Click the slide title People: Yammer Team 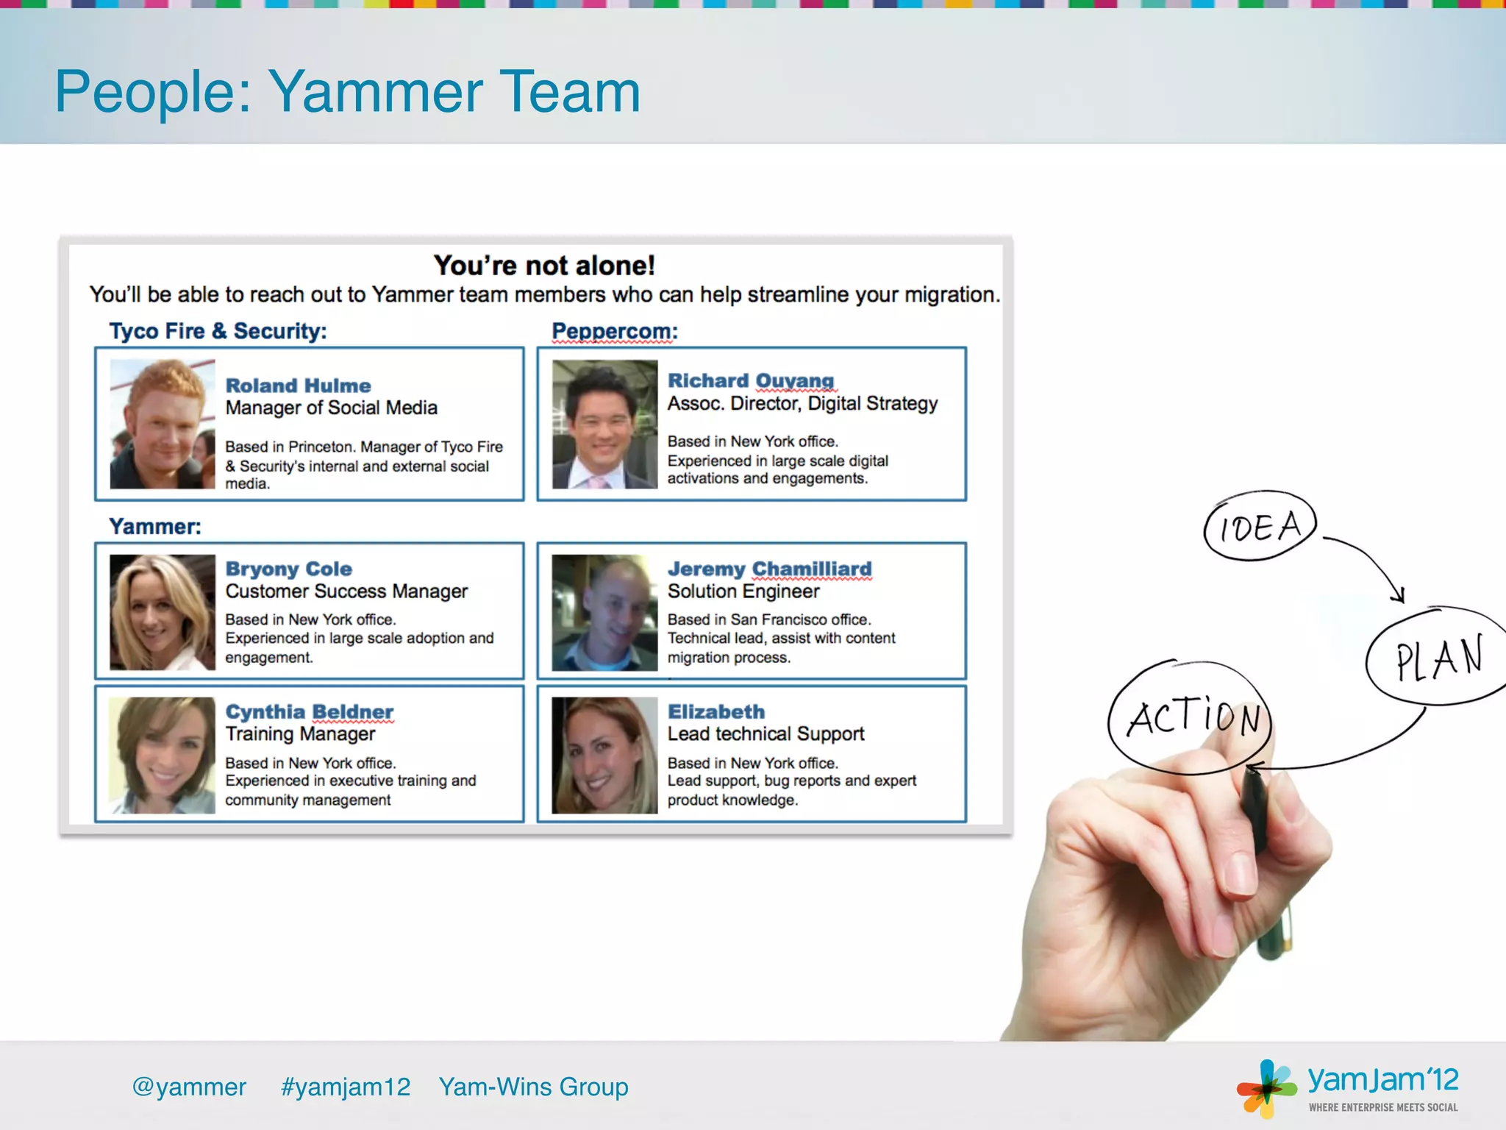coord(347,91)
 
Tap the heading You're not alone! coord(543,266)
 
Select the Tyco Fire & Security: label coord(218,331)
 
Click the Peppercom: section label coord(614,331)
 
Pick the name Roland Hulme coord(298,385)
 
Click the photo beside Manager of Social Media coord(163,424)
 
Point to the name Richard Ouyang coord(750,380)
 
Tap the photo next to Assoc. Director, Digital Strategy coord(604,424)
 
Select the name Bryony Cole coord(288,569)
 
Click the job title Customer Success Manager coord(346,591)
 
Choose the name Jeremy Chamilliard coord(769,569)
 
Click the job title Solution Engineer coord(743,591)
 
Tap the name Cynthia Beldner coord(309,711)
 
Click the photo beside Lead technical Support coord(604,755)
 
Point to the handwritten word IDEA coord(1260,527)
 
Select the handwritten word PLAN coord(1438,658)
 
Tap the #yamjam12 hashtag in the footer coord(346,1087)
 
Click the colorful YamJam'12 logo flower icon coord(1266,1088)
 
